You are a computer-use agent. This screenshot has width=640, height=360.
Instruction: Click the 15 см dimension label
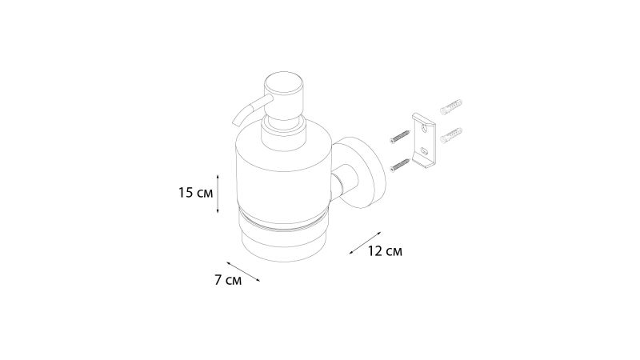pyautogui.click(x=195, y=193)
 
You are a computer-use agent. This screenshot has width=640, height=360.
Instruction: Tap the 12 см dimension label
pyautogui.click(x=385, y=251)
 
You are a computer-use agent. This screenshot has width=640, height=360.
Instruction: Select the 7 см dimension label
pyautogui.click(x=228, y=281)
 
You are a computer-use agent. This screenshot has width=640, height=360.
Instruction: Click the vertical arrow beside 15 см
pyautogui.click(x=218, y=194)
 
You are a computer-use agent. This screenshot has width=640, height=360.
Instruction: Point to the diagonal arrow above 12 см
pyautogui.click(x=365, y=243)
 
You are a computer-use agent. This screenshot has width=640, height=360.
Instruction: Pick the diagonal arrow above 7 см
pyautogui.click(x=243, y=271)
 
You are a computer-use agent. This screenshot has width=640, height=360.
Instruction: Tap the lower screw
pyautogui.click(x=400, y=165)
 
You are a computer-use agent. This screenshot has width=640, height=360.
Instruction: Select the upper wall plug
pyautogui.click(x=451, y=106)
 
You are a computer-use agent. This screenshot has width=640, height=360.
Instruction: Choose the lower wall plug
pyautogui.click(x=451, y=135)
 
